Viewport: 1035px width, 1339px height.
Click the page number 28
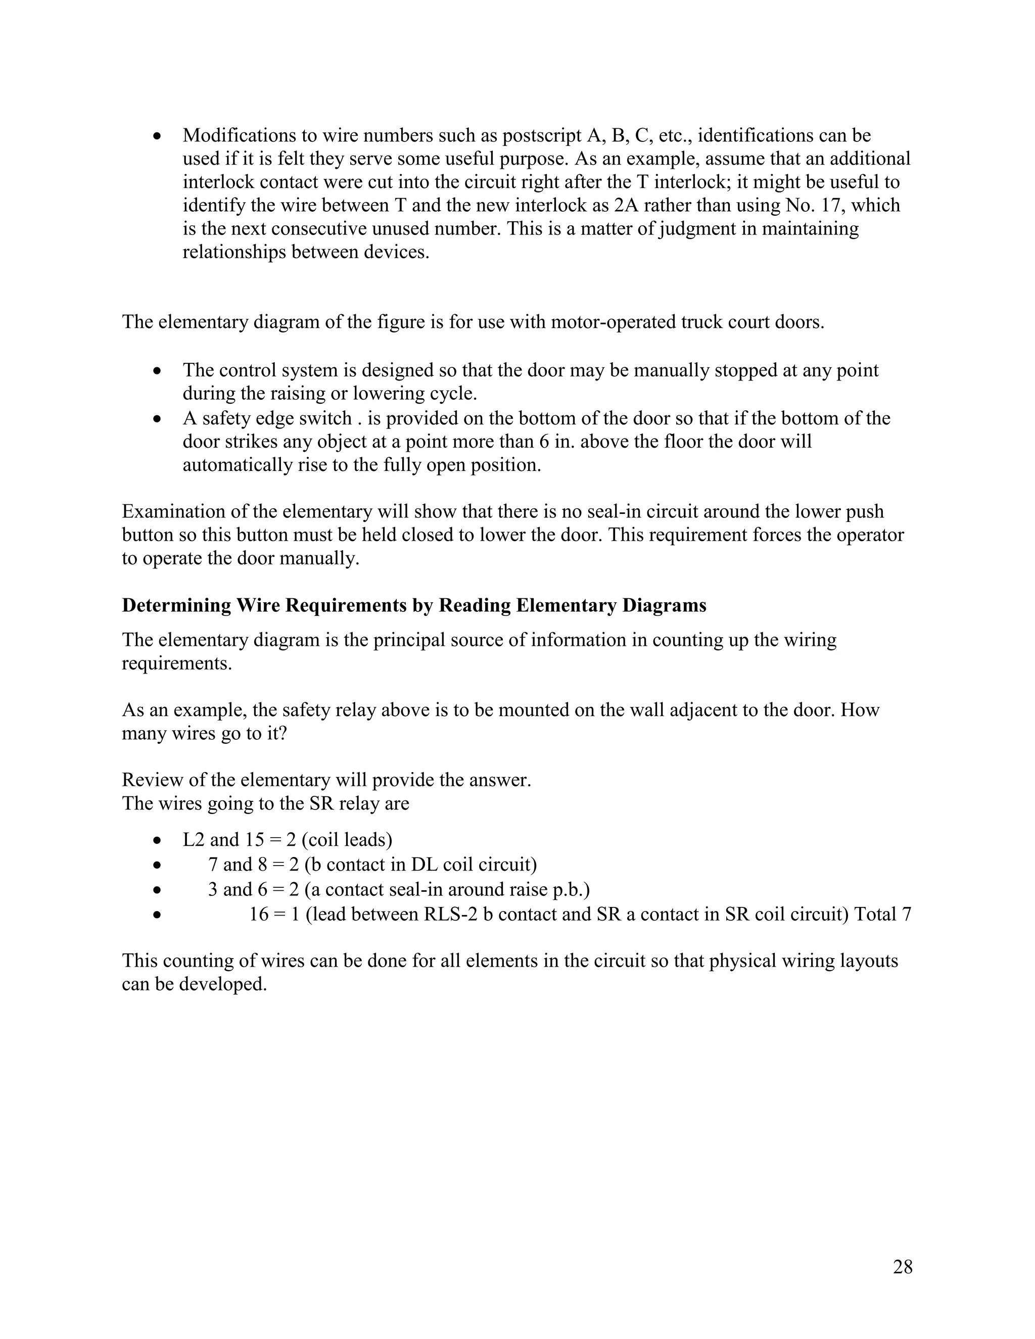click(x=903, y=1266)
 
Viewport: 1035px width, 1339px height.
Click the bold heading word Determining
click(x=176, y=605)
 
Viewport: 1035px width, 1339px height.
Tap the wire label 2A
click(x=627, y=205)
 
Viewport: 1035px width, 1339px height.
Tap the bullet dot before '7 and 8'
click(x=158, y=866)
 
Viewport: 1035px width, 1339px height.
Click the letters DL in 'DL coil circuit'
click(x=425, y=865)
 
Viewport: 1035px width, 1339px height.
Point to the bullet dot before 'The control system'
click(x=158, y=371)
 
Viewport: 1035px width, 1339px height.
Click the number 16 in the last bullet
click(x=259, y=914)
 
